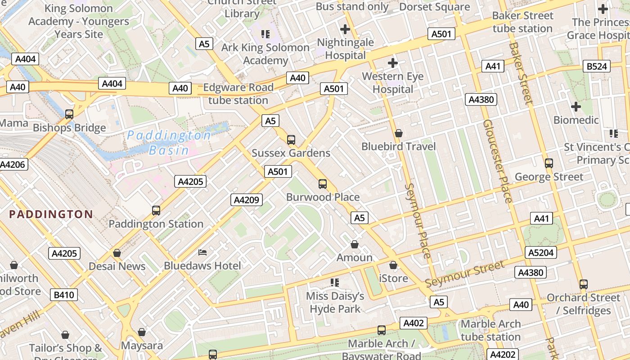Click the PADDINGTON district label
pos(51,214)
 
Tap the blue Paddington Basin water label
pos(169,143)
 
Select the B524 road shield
pos(597,67)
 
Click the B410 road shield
pos(64,295)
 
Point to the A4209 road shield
pos(247,200)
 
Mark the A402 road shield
pos(413,323)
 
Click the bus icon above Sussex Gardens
pos(291,140)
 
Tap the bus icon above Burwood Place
pos(323,184)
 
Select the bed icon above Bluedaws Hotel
pos(203,252)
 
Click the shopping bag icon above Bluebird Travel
pos(398,134)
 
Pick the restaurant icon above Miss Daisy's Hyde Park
pos(334,283)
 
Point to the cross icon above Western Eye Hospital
pos(393,63)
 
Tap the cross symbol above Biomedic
pos(576,107)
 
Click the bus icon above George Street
pos(549,163)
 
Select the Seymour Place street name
pos(418,220)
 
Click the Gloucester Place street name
pos(497,161)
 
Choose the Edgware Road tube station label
pos(238,94)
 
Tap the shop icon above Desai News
pos(117,253)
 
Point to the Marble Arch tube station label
pos(490,330)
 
